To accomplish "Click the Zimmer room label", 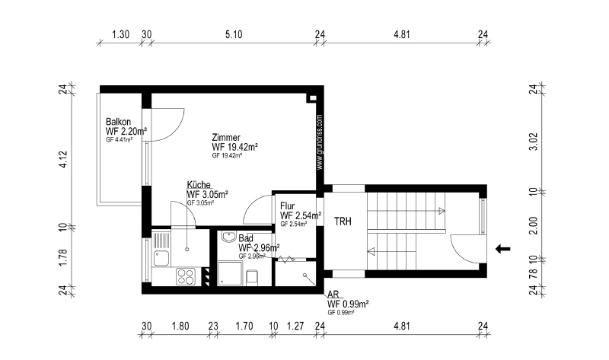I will click(228, 138).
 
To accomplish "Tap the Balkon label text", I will click(118, 122).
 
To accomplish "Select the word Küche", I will click(199, 185).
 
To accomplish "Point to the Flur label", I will click(287, 206).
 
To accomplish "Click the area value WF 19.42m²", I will click(234, 147).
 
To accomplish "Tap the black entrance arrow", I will click(504, 248).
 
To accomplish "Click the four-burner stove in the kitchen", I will click(186, 276).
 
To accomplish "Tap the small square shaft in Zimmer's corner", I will click(311, 98).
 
